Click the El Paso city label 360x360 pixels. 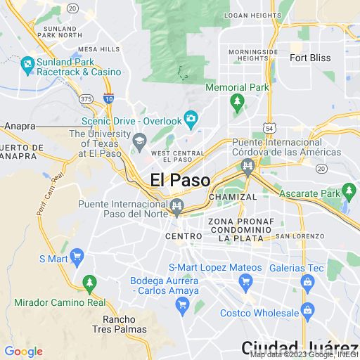pyautogui.click(x=180, y=180)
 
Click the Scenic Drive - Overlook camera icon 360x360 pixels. pyautogui.click(x=190, y=117)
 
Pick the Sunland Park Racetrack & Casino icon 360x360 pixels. pyautogui.click(x=27, y=66)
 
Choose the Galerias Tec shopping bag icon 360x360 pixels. pyautogui.click(x=307, y=282)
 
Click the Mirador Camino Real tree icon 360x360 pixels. pyautogui.click(x=89, y=284)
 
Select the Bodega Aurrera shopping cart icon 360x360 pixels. pyautogui.click(x=182, y=305)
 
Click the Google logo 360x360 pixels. pyautogui.click(x=23, y=352)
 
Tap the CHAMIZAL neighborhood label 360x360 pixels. pyautogui.click(x=233, y=197)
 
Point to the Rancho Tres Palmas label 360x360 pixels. pyautogui.click(x=120, y=323)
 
